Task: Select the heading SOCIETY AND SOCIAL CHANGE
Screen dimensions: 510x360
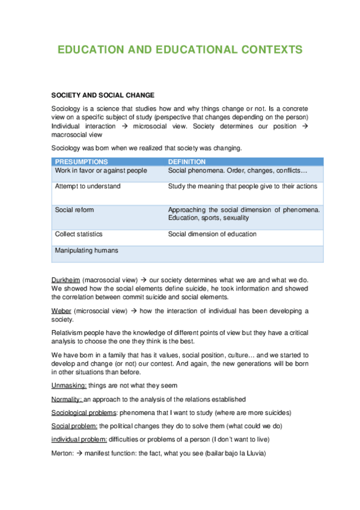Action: pos(103,95)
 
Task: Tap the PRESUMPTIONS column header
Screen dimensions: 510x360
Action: pos(82,162)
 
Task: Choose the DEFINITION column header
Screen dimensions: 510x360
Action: pos(186,162)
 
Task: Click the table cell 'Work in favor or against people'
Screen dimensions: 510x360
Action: pos(101,171)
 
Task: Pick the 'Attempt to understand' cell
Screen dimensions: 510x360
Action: pos(88,186)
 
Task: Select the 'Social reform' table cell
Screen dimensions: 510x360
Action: pos(75,210)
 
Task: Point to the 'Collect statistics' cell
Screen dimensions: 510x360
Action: pos(79,234)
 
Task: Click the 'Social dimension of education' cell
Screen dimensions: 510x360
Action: pos(212,234)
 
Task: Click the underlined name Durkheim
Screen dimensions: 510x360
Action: pos(66,280)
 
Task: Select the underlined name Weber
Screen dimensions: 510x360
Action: pos(61,311)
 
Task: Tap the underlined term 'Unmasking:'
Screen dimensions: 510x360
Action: pos(69,386)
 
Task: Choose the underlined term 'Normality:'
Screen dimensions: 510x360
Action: pos(67,399)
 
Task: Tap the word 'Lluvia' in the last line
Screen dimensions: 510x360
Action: pos(253,453)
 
